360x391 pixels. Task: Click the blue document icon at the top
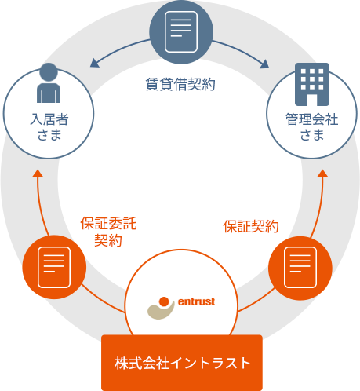tap(181, 32)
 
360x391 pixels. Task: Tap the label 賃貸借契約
tap(180, 84)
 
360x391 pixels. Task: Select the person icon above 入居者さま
tap(49, 83)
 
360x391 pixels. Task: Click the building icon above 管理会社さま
tap(312, 84)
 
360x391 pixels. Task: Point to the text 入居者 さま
tap(49, 126)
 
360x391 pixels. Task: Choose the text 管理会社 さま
tap(312, 126)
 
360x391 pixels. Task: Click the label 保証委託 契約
tap(108, 232)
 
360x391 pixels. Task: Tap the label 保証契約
tap(251, 226)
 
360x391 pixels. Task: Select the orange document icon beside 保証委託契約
tap(54, 267)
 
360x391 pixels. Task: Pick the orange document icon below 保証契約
tap(300, 267)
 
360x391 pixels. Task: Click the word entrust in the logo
tap(196, 301)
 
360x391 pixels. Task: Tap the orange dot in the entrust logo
tap(164, 301)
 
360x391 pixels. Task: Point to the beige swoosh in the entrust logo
tap(160, 312)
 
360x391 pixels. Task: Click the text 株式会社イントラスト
tap(183, 363)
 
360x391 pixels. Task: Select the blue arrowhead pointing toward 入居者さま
tap(94, 63)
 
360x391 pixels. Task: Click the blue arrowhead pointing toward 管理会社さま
tap(264, 64)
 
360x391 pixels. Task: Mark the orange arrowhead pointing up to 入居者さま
tap(38, 174)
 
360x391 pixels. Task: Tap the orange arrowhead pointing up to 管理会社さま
tap(322, 174)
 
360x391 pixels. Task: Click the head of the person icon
tap(49, 71)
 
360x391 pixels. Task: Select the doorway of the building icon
tap(312, 100)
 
